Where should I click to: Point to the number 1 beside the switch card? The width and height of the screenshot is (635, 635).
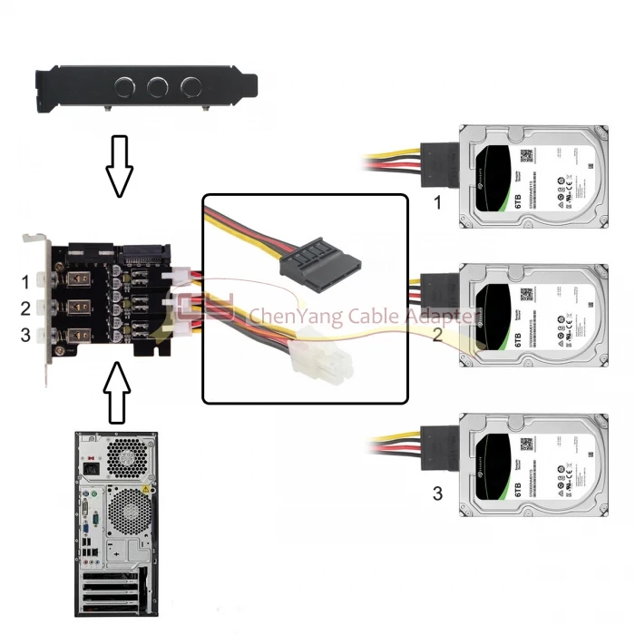[x=25, y=281]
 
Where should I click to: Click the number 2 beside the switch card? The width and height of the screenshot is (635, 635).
[x=25, y=308]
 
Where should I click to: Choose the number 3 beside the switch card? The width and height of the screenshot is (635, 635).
[x=25, y=335]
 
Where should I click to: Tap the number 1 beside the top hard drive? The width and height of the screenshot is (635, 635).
[x=437, y=202]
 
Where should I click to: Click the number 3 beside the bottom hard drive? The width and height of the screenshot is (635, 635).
[x=437, y=493]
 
